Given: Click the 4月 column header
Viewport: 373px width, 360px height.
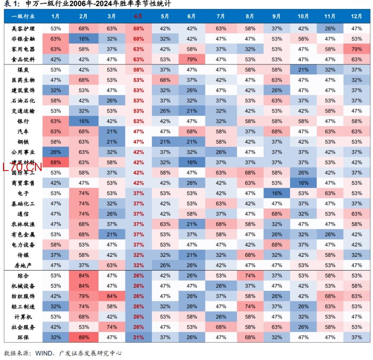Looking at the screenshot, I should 138,17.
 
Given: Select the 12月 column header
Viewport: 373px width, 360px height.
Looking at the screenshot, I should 357,17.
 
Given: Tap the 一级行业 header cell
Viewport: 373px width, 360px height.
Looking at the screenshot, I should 23,17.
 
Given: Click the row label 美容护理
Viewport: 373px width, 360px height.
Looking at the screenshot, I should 23,28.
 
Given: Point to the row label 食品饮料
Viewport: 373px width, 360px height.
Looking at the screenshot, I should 23,60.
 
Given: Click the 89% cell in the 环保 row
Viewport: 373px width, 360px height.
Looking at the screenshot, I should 84,337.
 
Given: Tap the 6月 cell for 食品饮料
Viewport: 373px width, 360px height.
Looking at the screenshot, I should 192,60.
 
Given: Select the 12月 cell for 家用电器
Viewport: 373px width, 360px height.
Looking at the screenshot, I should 357,49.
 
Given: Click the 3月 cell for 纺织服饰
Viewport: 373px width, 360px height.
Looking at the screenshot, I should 111,297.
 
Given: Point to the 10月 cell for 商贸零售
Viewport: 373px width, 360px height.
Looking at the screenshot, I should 303,183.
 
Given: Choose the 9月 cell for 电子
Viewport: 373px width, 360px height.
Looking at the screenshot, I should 277,193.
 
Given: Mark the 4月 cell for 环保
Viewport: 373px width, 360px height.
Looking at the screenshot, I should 138,337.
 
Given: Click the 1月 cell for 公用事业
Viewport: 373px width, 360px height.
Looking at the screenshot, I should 56,152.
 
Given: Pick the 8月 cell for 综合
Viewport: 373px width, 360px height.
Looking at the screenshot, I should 250,276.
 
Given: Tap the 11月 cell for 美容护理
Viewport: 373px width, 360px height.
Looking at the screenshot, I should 330,28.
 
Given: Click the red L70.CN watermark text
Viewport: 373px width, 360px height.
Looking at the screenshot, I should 21,167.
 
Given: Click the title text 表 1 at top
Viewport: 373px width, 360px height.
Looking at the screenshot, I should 10,4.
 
